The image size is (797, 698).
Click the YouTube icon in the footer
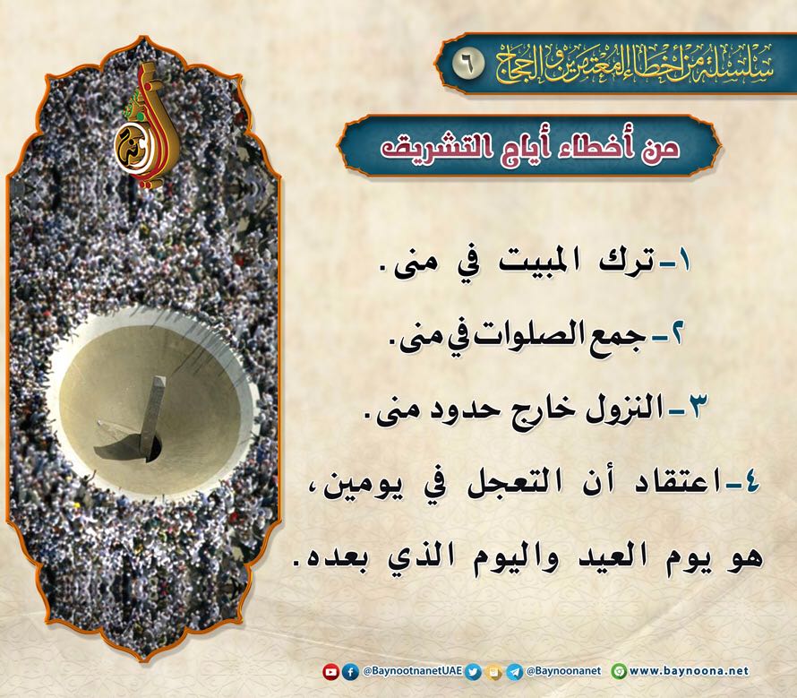coord(331,672)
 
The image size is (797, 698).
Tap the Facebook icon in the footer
coord(350,672)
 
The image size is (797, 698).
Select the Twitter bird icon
coord(473,672)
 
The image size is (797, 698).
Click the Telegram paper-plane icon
coord(514,672)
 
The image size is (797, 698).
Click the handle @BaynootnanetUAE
coord(412,671)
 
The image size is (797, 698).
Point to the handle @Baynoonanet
coord(563,671)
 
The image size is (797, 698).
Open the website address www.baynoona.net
coord(689,671)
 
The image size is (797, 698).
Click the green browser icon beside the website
coord(619,672)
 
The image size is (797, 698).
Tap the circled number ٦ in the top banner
coord(467,65)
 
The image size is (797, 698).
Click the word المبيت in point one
coord(542,263)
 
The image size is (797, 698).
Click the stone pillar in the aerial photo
coord(153,418)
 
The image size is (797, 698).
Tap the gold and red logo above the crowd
coord(145,125)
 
